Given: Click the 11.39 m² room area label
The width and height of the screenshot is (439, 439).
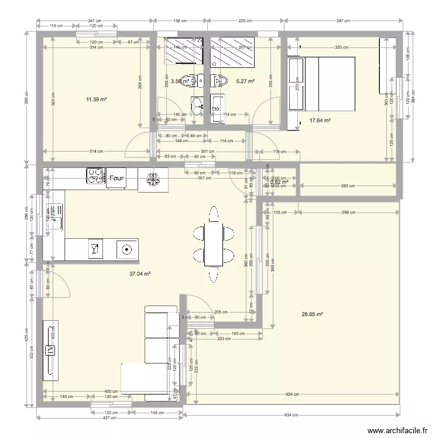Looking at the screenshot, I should pos(96,100).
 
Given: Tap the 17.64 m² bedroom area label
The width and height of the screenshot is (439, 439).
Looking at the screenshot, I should pos(320,121).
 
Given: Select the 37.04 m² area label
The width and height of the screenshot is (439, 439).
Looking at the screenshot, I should pos(140,273).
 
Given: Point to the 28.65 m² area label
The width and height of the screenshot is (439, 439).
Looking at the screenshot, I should pos(313,314).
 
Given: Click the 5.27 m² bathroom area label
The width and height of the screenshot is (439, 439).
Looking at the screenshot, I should pos(245,81).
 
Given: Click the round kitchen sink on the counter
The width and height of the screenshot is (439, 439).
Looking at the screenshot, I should pos(125,249).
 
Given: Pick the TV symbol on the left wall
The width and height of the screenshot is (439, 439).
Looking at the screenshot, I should pos(51,350).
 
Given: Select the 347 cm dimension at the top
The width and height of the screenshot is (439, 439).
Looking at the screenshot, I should pos(344,22).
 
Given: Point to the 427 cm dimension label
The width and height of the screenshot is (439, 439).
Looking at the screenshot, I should pos(107,418).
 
